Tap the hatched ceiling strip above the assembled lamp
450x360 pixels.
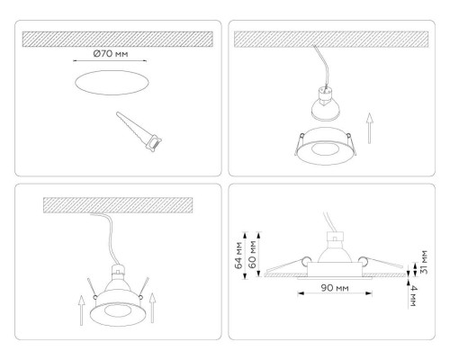pyautogui.click(x=117, y=206)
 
